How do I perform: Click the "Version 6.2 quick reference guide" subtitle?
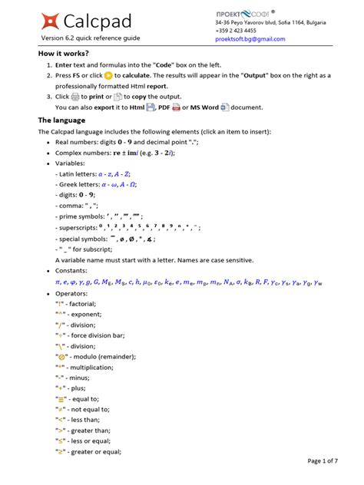click(91, 38)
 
